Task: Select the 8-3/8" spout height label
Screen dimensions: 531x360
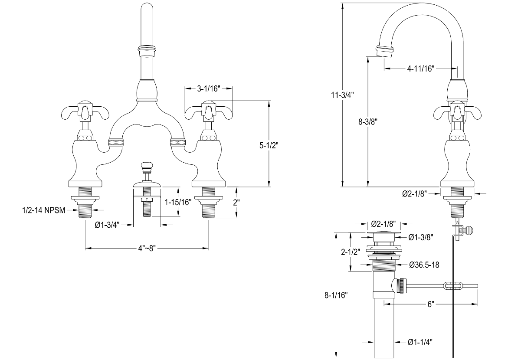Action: pyautogui.click(x=368, y=122)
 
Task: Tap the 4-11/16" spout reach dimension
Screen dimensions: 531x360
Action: pyautogui.click(x=420, y=69)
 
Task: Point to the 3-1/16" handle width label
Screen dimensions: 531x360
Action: pyautogui.click(x=209, y=88)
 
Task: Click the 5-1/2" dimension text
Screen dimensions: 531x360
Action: pyautogui.click(x=269, y=145)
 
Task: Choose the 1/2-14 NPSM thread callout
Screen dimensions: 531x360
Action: pyautogui.click(x=44, y=210)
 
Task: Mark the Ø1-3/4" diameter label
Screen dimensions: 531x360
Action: pyautogui.click(x=107, y=225)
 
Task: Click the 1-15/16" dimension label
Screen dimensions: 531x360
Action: pyautogui.click(x=178, y=202)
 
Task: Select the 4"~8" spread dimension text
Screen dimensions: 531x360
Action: pyautogui.click(x=147, y=249)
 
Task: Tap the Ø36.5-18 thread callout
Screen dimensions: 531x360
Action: pyautogui.click(x=424, y=265)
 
